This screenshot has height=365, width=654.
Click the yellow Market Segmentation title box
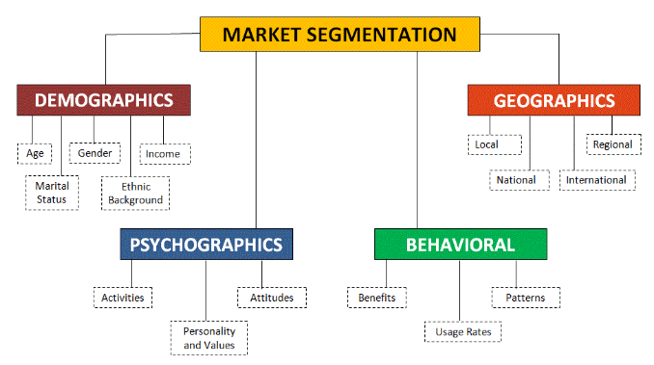coord(340,35)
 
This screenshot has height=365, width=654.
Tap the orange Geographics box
coord(554,100)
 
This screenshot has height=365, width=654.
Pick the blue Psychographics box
coord(206,245)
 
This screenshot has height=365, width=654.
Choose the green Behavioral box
coord(460,245)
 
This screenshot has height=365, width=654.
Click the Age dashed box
coord(34,153)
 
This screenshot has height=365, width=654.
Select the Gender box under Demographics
coord(95,152)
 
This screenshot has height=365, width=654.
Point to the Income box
coord(165,153)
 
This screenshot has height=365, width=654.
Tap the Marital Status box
coord(51,193)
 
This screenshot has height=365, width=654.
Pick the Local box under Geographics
coord(487,145)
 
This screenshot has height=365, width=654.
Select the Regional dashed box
coord(613,144)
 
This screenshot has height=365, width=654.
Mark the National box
coord(517,180)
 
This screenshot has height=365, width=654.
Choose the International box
coord(596,180)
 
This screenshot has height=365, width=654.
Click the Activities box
coord(123,298)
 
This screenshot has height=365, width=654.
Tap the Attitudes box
coord(271,298)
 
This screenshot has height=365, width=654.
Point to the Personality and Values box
coord(209,338)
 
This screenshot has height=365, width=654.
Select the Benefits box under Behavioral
coord(376,298)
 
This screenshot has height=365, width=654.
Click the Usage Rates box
coord(463,332)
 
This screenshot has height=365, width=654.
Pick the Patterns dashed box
coord(525,298)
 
